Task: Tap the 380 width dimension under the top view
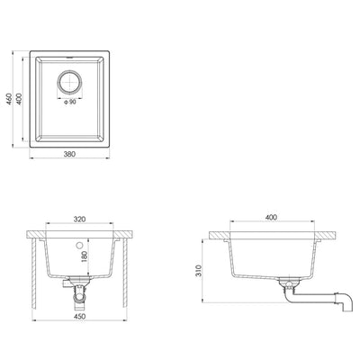(x=69, y=154)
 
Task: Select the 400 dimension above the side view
(x=272, y=219)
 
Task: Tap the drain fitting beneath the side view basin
(x=290, y=287)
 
